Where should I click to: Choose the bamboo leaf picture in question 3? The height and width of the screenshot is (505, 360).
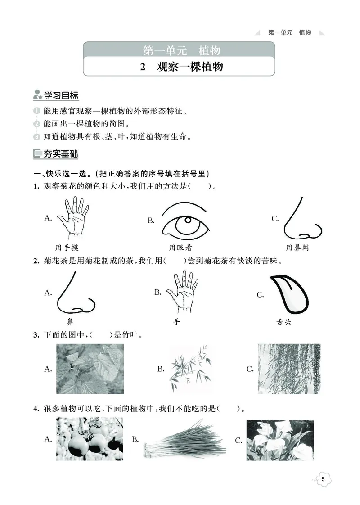[x=188, y=369]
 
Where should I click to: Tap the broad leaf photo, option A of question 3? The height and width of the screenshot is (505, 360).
[x=90, y=369]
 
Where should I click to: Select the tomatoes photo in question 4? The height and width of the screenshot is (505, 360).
[x=90, y=438]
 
